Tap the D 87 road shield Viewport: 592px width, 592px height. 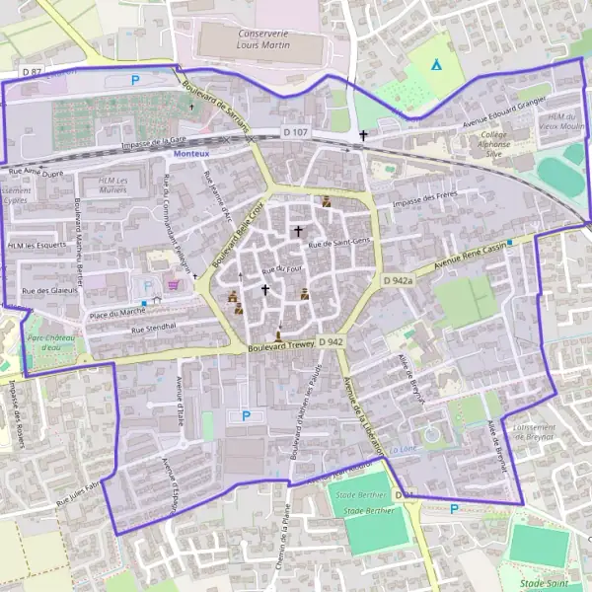tap(32, 73)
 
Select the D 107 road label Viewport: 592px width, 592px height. tap(295, 131)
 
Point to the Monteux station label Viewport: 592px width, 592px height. tap(190, 154)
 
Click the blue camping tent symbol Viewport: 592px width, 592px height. tap(436, 65)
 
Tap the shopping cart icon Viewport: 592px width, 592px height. tap(174, 285)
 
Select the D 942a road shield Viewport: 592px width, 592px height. tap(398, 280)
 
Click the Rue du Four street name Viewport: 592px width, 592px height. tap(281, 268)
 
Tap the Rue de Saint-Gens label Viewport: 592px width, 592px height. tap(339, 243)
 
